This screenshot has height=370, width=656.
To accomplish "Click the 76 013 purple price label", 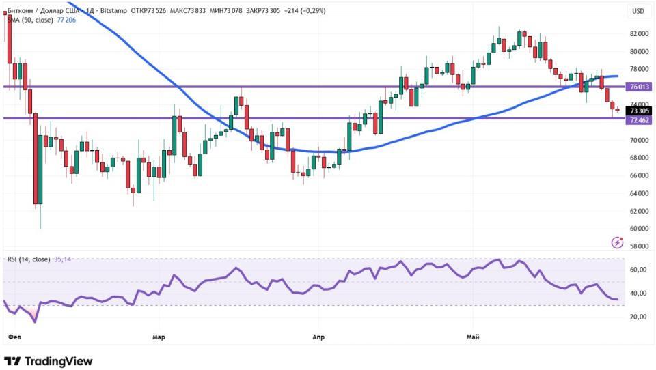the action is point(638,87).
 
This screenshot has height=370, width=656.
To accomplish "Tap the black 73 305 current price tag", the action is point(638,111).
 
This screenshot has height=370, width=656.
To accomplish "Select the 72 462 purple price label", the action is point(638,120).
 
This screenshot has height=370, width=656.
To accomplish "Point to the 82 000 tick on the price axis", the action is point(639,34).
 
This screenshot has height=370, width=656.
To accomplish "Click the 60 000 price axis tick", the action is point(639,229).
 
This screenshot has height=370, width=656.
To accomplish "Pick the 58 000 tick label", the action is point(639,246).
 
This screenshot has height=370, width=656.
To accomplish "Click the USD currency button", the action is point(638,12).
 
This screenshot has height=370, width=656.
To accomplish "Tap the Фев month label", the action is point(14,337).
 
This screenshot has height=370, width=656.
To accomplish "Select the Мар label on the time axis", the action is point(159,337).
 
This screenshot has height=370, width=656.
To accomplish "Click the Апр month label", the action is point(318,337).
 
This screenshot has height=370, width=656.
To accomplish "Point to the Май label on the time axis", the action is point(473,337).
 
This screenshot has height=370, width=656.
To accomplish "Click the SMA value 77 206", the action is point(66,20).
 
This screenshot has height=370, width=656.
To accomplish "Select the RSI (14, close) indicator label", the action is point(29,259).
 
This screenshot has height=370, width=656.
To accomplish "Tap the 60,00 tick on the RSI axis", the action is point(638,270).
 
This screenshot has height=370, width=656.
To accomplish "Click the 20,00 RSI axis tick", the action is point(638,317).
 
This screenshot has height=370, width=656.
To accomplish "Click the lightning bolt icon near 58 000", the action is point(618,242).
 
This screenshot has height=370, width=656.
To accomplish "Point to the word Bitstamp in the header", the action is point(113,10).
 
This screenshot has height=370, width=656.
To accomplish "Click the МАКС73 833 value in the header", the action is point(188,10).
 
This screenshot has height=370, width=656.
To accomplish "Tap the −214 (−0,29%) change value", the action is point(305,10).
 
